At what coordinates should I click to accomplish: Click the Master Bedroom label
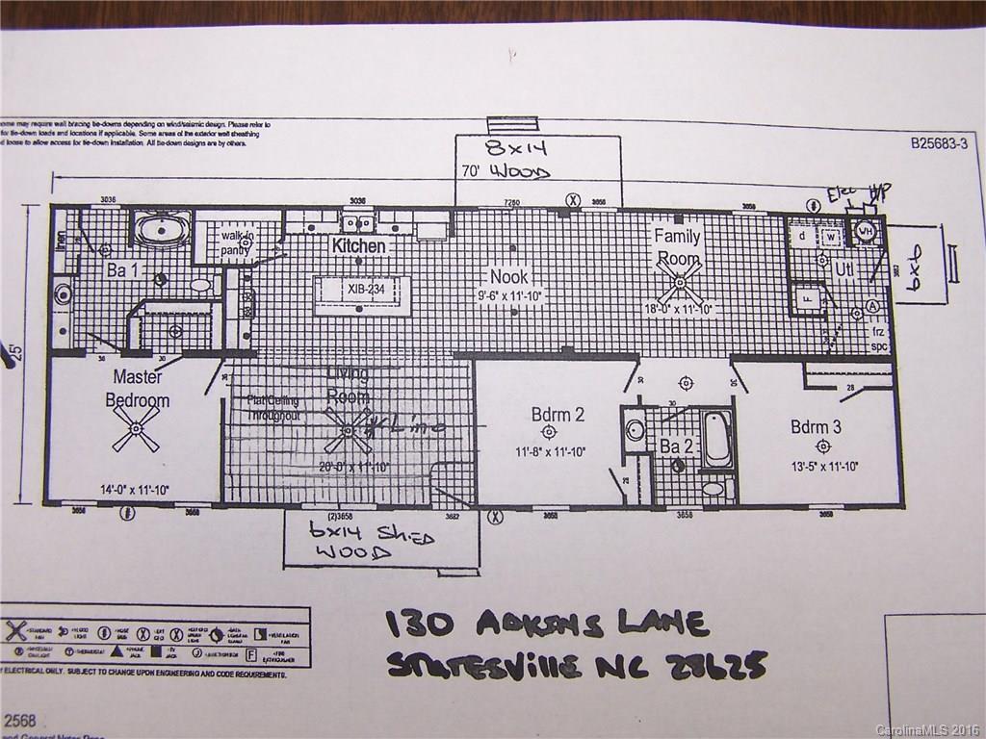[141, 389]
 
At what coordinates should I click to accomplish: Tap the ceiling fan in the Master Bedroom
[136, 429]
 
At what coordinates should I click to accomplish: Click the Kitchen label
[358, 246]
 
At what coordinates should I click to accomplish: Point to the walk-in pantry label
[236, 242]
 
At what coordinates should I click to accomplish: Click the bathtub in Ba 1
[162, 230]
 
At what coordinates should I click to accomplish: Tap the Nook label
[509, 276]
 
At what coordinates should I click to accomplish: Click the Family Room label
[678, 246]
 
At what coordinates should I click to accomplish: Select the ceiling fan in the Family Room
[680, 282]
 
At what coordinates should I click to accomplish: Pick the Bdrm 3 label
[816, 426]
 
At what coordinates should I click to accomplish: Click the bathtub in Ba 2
[717, 441]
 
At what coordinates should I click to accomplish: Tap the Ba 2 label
[677, 446]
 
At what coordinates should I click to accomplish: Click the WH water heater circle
[865, 231]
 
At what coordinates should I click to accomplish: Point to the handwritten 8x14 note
[506, 150]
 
